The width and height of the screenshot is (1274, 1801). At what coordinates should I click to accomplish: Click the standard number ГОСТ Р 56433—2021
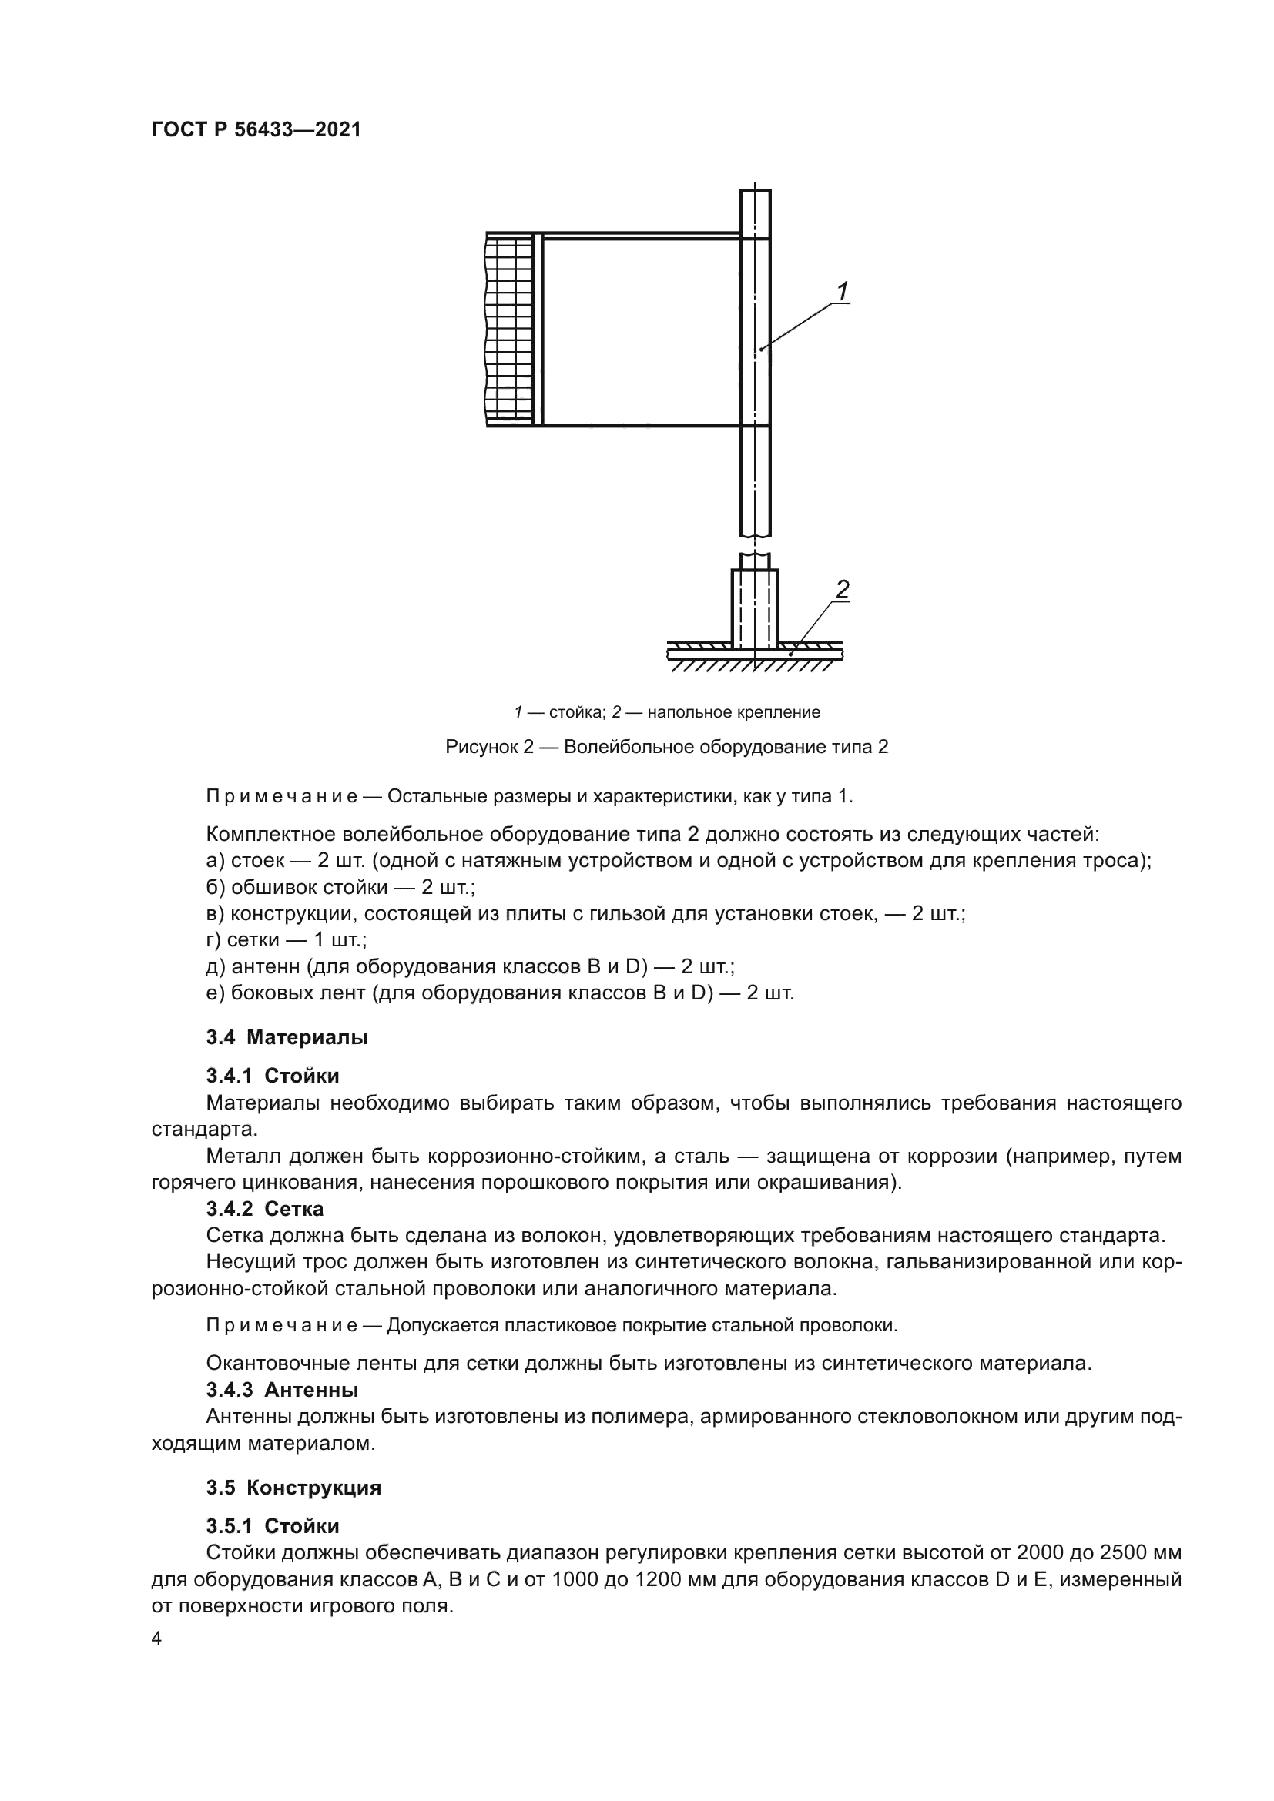point(256,129)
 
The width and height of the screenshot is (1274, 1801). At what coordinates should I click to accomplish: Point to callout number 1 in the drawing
point(842,292)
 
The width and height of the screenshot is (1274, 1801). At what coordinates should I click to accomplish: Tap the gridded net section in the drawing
point(508,330)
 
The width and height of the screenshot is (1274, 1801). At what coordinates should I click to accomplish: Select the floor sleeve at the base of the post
point(755,608)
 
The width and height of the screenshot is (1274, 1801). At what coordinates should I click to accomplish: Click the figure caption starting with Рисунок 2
point(666,746)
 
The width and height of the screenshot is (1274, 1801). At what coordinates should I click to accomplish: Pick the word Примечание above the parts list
point(282,796)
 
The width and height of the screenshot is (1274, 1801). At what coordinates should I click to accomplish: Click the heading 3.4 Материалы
point(287,1037)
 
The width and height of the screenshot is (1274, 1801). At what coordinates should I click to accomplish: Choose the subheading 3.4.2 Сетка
point(265,1209)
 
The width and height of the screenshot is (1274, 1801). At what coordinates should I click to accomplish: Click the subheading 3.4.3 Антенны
point(283,1390)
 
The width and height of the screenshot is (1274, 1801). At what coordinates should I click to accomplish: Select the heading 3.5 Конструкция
point(293,1488)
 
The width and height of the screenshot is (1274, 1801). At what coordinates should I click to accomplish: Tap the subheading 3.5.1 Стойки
point(273,1526)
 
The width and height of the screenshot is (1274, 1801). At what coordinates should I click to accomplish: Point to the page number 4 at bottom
point(157,1639)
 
